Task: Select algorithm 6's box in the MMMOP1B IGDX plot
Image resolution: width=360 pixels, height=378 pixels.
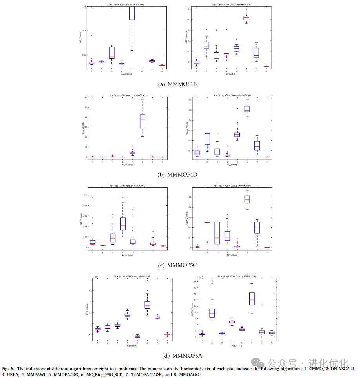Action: [x=246, y=18]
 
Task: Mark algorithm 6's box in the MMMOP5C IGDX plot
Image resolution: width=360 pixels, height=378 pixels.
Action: [x=247, y=199]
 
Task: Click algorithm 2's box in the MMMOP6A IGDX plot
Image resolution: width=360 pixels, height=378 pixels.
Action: [x=212, y=313]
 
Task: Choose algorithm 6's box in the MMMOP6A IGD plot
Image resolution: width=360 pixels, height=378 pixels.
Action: [x=148, y=305]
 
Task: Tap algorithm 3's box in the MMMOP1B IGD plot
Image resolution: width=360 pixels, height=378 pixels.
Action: [x=112, y=53]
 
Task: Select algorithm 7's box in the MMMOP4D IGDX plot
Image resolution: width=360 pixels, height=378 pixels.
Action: [x=257, y=146]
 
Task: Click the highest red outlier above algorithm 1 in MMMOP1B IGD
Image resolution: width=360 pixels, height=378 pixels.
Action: [x=91, y=35]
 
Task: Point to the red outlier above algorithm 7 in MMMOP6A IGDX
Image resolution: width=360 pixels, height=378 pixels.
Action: [x=262, y=305]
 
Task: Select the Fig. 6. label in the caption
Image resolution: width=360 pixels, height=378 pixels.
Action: [x=8, y=369]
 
